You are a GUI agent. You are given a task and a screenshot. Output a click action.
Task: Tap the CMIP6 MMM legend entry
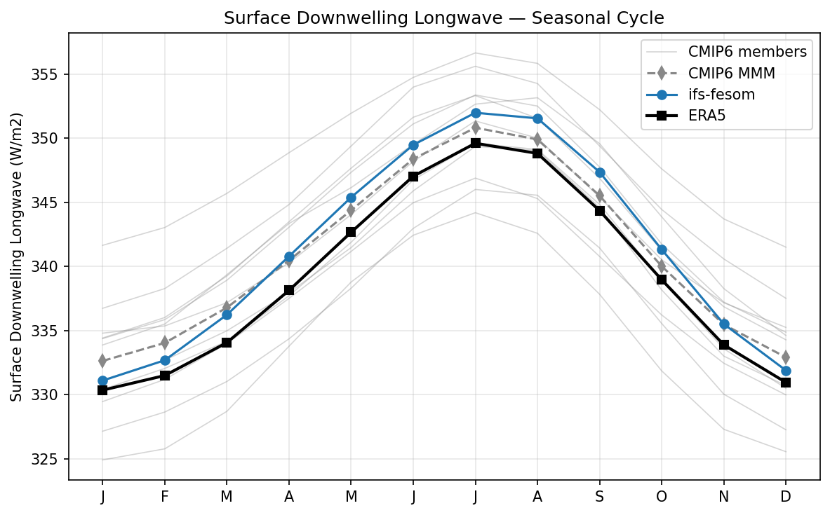point(725,73)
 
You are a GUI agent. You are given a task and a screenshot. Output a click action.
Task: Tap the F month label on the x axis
point(164,496)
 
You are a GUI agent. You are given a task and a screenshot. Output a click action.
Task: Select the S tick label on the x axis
point(599,496)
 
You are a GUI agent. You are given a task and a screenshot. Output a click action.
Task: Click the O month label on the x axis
point(662,496)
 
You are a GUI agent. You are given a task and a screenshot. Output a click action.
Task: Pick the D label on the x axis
point(786,496)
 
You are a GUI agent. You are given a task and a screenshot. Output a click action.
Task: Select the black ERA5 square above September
point(599,211)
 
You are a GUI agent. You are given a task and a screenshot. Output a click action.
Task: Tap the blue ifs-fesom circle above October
point(662,249)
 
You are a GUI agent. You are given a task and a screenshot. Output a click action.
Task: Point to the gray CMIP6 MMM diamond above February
point(164,343)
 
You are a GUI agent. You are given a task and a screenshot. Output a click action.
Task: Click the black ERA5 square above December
point(786,383)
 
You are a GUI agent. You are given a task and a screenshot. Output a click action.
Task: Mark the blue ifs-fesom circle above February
point(164,360)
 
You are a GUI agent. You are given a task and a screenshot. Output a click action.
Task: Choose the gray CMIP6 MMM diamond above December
point(786,357)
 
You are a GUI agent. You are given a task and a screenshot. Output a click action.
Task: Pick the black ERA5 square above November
point(723,345)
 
